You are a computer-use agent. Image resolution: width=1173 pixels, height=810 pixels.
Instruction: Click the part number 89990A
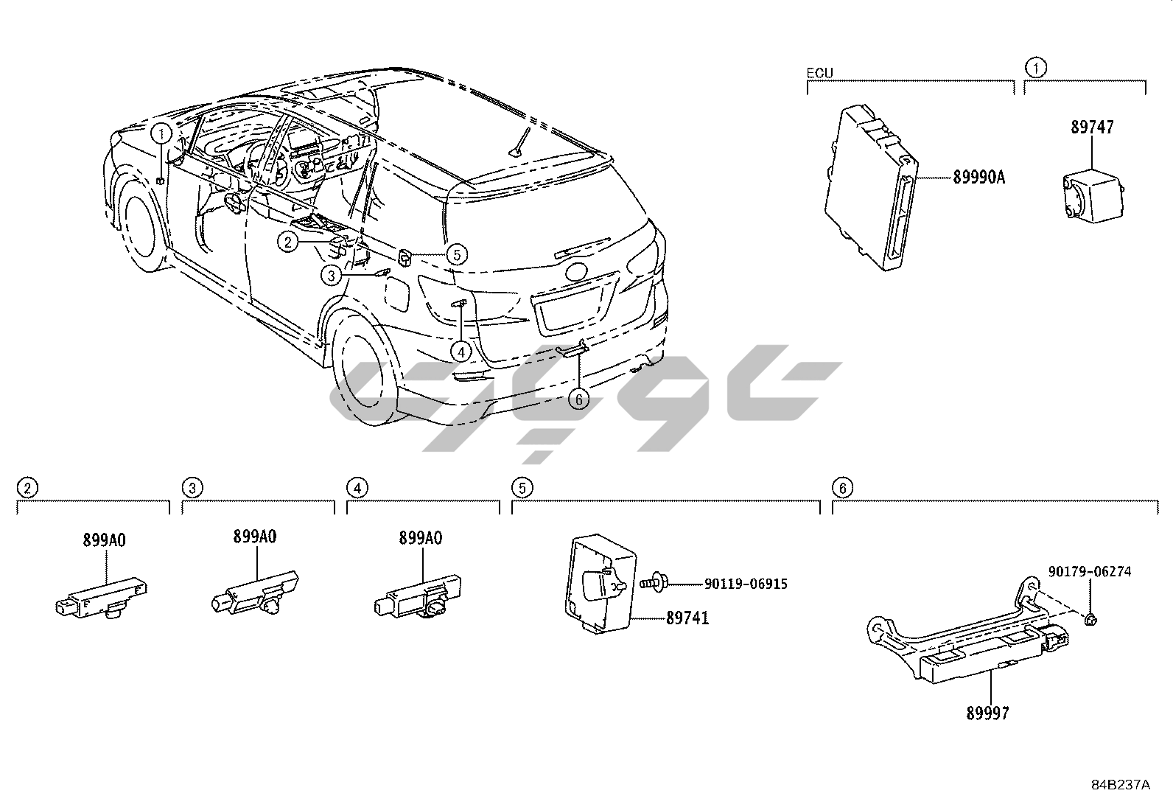(978, 177)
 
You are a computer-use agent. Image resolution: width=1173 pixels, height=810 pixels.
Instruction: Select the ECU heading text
(819, 73)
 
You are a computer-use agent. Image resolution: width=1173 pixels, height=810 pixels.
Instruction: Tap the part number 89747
(1092, 128)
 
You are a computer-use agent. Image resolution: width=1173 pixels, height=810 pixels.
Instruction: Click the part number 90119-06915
(746, 584)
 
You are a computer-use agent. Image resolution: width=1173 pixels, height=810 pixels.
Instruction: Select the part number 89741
(687, 618)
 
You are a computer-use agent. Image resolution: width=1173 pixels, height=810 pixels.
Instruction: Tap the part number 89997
(987, 713)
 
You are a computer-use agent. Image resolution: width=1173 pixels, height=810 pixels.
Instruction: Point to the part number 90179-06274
(1090, 571)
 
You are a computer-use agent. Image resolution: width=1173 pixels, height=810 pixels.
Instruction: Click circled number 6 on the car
(579, 399)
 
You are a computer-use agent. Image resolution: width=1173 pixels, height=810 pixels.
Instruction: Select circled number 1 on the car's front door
(161, 133)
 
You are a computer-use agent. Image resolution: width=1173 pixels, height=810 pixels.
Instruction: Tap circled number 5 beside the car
(456, 254)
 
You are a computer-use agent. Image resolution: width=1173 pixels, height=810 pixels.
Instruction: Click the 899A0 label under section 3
(255, 537)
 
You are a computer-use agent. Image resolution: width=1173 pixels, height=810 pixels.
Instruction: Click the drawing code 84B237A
(1120, 786)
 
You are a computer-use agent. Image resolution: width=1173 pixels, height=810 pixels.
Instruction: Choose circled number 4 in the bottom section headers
(357, 487)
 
